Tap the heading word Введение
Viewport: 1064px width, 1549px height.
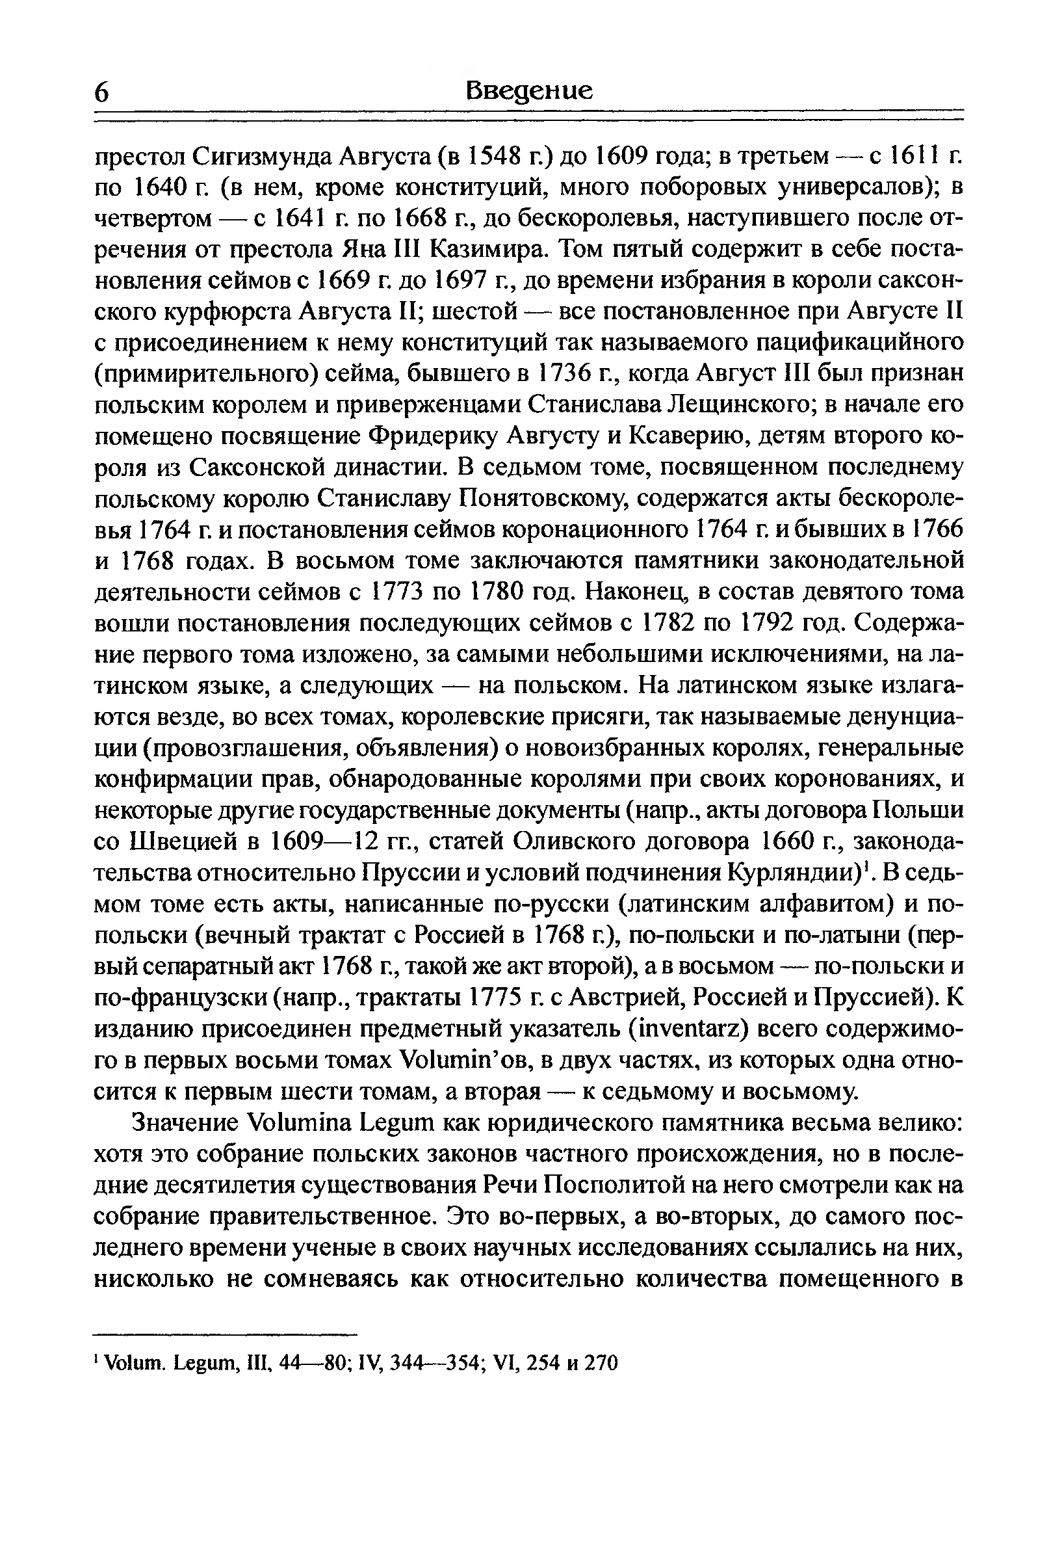click(x=528, y=89)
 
